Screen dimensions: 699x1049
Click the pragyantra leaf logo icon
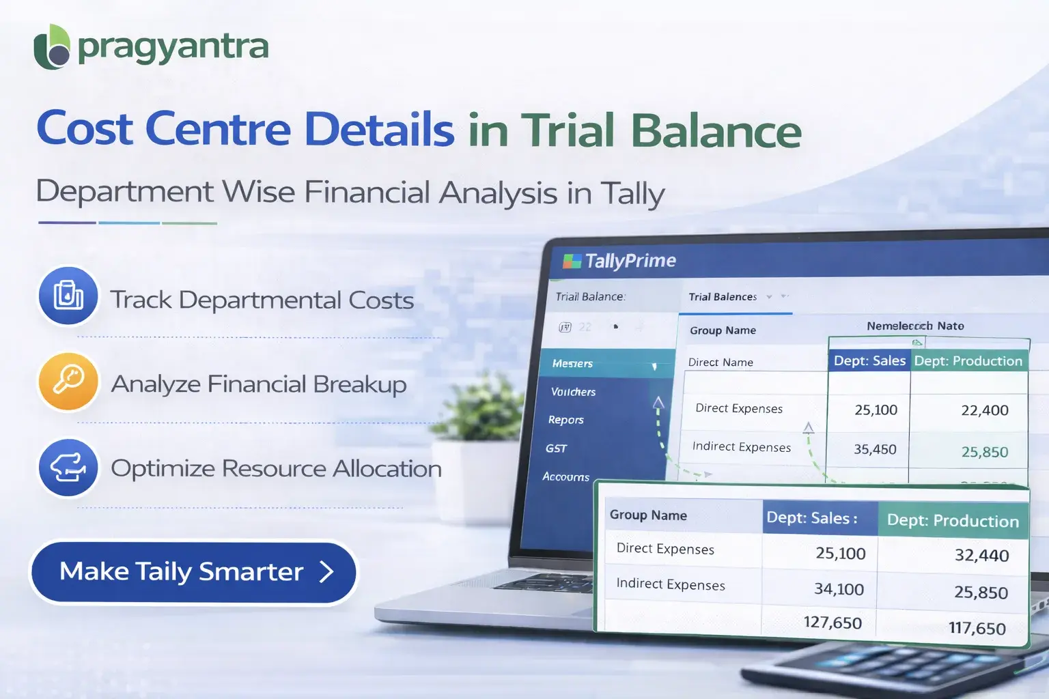tap(52, 48)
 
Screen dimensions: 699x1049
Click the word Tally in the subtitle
tap(632, 193)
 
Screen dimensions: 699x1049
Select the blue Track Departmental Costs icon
tap(68, 296)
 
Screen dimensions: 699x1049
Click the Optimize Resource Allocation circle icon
tap(68, 467)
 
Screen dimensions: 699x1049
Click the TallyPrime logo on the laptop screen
tap(619, 261)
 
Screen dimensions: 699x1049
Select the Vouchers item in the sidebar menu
tap(573, 392)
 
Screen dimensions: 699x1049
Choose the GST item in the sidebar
tap(556, 448)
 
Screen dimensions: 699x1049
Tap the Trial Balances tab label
tap(723, 297)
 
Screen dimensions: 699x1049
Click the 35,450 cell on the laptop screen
tap(875, 449)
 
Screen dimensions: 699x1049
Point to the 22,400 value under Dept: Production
tap(984, 410)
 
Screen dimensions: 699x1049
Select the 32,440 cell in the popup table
tap(981, 555)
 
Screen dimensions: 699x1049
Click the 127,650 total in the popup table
tap(833, 623)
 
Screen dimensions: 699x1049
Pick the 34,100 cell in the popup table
tap(839, 589)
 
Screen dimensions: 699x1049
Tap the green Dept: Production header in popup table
tap(953, 521)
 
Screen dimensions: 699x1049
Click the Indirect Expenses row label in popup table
tap(671, 584)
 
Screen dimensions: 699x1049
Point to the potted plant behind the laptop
tap(481, 410)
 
